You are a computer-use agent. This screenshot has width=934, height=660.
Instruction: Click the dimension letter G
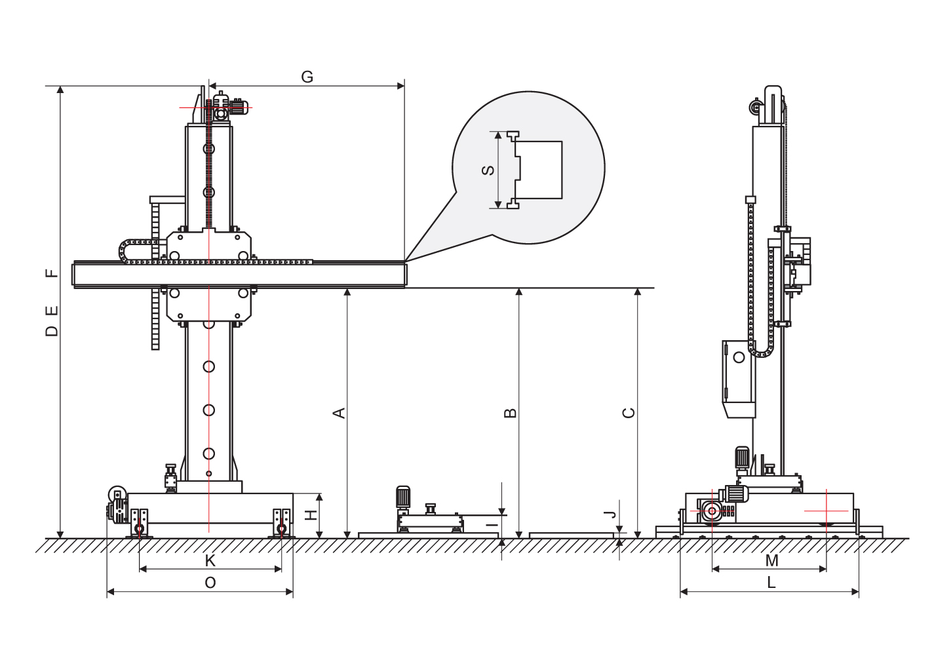point(307,77)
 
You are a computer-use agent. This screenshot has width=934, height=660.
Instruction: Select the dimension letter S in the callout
point(488,170)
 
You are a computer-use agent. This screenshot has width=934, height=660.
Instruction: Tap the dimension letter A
point(340,412)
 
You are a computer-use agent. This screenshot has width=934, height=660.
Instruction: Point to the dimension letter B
point(511,413)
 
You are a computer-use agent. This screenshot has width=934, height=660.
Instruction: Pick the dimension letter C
point(629,413)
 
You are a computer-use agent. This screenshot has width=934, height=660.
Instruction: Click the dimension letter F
point(52,273)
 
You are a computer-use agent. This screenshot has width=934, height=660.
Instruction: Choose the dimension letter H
point(311,515)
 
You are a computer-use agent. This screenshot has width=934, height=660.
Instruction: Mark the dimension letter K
point(210,561)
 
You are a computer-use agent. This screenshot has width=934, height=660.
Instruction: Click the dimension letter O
point(210,583)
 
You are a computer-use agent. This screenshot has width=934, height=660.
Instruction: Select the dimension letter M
point(772,561)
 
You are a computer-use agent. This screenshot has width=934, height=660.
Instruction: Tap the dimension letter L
point(771,583)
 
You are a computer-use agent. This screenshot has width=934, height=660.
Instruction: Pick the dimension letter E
point(52,311)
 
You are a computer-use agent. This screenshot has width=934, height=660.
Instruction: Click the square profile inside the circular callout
point(538,170)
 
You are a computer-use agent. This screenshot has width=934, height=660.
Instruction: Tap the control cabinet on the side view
point(739,379)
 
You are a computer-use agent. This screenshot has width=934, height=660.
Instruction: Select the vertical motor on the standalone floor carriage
point(403,499)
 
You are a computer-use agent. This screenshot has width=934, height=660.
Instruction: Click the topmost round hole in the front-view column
point(209,148)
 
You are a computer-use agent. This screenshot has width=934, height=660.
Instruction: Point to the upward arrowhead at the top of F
point(60,90)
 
